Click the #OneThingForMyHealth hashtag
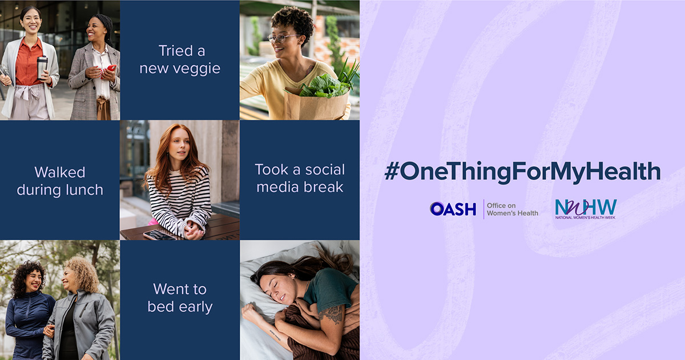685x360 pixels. (x=522, y=172)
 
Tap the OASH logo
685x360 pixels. (x=453, y=209)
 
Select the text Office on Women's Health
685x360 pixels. (x=513, y=209)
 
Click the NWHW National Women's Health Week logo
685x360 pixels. (x=586, y=209)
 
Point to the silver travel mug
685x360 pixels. (x=42, y=67)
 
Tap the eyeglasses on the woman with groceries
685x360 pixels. (x=283, y=38)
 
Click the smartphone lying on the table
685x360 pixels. (x=159, y=234)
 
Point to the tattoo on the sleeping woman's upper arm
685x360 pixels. (x=332, y=314)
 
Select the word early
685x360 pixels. (x=195, y=308)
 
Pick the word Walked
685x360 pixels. (x=60, y=172)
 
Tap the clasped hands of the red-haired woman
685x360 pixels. (x=194, y=230)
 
